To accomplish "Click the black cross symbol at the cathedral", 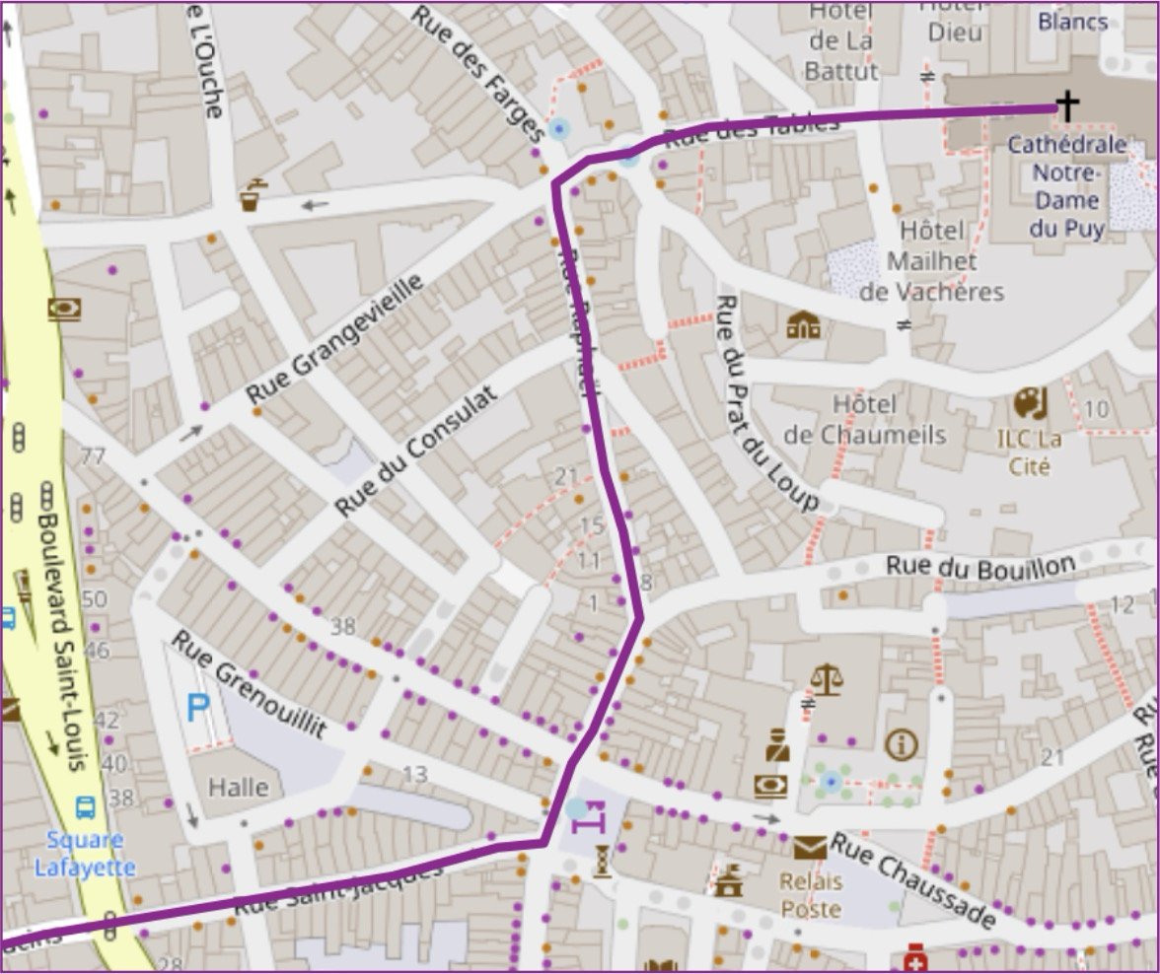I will [1066, 105].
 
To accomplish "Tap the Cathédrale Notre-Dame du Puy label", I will [1067, 186].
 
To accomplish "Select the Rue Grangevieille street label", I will [334, 339].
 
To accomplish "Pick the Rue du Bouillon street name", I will [979, 567].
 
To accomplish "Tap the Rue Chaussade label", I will [911, 880].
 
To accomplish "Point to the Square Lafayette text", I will [85, 854].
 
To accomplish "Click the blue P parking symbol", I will [198, 707].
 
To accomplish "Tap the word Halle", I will [239, 787].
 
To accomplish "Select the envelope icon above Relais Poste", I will [809, 847].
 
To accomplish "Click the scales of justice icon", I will [826, 679].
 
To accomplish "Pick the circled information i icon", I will [901, 744].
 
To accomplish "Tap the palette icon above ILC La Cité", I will [1030, 403].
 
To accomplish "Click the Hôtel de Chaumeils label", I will [864, 420].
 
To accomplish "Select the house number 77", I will [94, 456].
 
